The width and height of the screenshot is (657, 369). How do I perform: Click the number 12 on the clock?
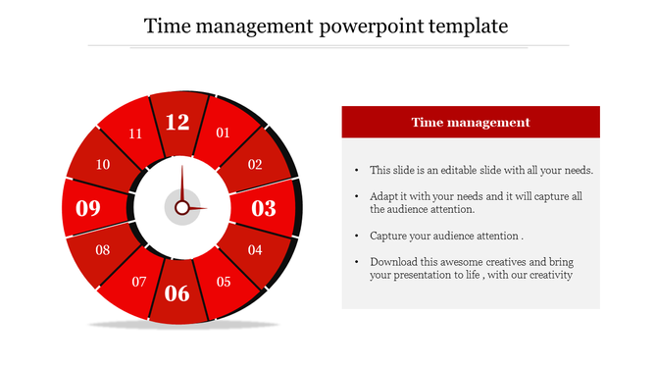point(177,123)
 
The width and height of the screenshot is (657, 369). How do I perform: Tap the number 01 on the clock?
point(223,133)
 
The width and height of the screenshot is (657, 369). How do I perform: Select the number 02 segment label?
point(255,165)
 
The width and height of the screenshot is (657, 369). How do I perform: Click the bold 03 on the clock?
point(265,208)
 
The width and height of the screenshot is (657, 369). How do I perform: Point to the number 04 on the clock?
point(255,250)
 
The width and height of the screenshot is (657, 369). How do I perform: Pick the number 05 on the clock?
point(224,283)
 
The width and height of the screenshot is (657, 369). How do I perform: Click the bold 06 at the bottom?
point(177,292)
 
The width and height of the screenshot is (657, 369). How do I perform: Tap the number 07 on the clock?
point(139,283)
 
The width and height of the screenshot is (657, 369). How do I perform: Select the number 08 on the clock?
point(103,250)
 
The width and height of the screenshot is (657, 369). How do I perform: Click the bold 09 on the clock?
point(88,208)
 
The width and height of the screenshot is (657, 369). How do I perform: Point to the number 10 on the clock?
point(103,165)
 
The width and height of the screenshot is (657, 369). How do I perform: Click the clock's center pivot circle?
point(181,208)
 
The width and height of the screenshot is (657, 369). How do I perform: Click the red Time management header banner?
point(470,123)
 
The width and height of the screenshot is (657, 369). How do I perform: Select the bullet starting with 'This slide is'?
point(480,170)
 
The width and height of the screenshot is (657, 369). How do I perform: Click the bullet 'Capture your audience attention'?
point(446,237)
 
